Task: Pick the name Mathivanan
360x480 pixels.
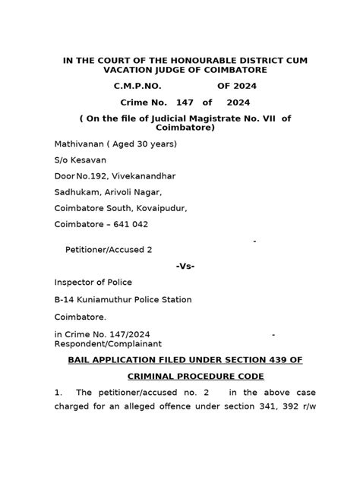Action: pyautogui.click(x=79, y=144)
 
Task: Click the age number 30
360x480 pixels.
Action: pyautogui.click(x=144, y=144)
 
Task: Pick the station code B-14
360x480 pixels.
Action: pyautogui.click(x=65, y=299)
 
